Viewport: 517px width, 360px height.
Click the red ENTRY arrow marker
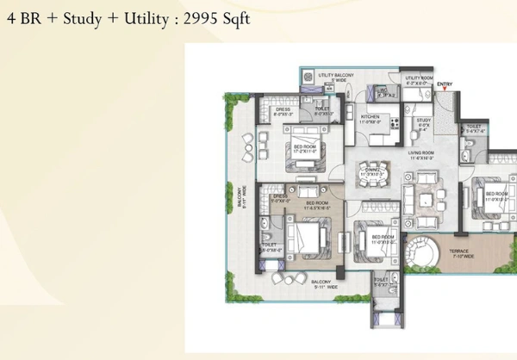pos(445,90)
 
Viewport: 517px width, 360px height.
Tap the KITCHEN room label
pos(371,117)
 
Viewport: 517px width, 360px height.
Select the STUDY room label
pos(423,122)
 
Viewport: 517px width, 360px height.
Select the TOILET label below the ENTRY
pos(473,129)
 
